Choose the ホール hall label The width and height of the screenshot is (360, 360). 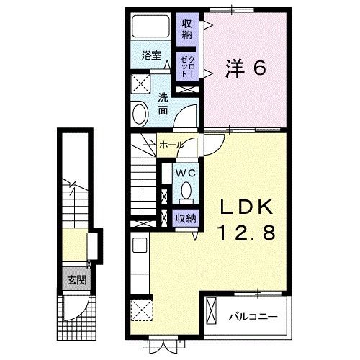click(x=171, y=145)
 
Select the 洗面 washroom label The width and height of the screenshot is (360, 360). click(x=163, y=104)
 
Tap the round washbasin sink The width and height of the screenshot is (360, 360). click(x=140, y=112)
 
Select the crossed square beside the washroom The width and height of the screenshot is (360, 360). click(x=140, y=81)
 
